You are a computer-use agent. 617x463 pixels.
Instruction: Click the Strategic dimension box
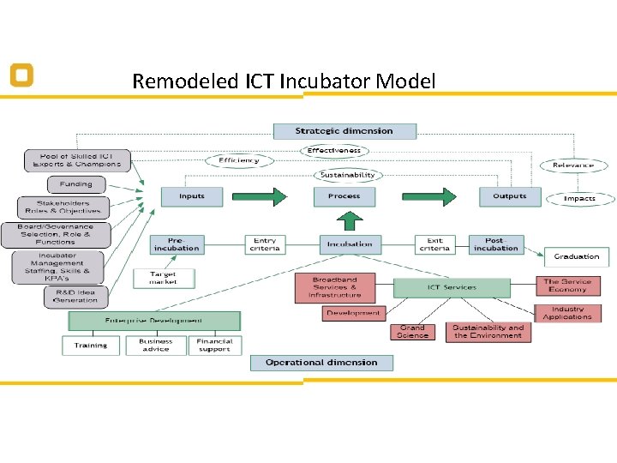(x=344, y=131)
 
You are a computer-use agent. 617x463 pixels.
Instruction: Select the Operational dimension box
(x=321, y=363)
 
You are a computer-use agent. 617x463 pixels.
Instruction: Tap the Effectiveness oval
(x=335, y=151)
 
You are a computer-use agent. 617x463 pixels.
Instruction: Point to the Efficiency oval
(x=238, y=160)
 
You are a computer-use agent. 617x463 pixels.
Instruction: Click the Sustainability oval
(x=346, y=174)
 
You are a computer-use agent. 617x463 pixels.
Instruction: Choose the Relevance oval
(x=573, y=165)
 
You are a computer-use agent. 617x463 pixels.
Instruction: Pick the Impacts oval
(x=579, y=198)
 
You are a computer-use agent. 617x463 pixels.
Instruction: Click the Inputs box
(x=192, y=196)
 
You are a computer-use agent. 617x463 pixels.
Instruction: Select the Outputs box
(x=509, y=196)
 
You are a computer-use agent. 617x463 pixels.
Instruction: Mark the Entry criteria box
(x=266, y=244)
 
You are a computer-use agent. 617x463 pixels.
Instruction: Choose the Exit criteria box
(x=434, y=244)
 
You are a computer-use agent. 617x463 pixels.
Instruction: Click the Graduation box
(x=576, y=256)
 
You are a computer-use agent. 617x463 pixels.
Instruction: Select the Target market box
(x=164, y=278)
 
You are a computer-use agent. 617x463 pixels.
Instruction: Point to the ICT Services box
(x=452, y=287)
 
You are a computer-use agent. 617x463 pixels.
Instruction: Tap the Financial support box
(x=214, y=346)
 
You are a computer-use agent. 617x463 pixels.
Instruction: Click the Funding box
(x=76, y=184)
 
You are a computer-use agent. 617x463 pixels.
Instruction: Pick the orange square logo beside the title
(x=21, y=75)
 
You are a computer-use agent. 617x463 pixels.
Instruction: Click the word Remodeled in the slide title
(x=177, y=82)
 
